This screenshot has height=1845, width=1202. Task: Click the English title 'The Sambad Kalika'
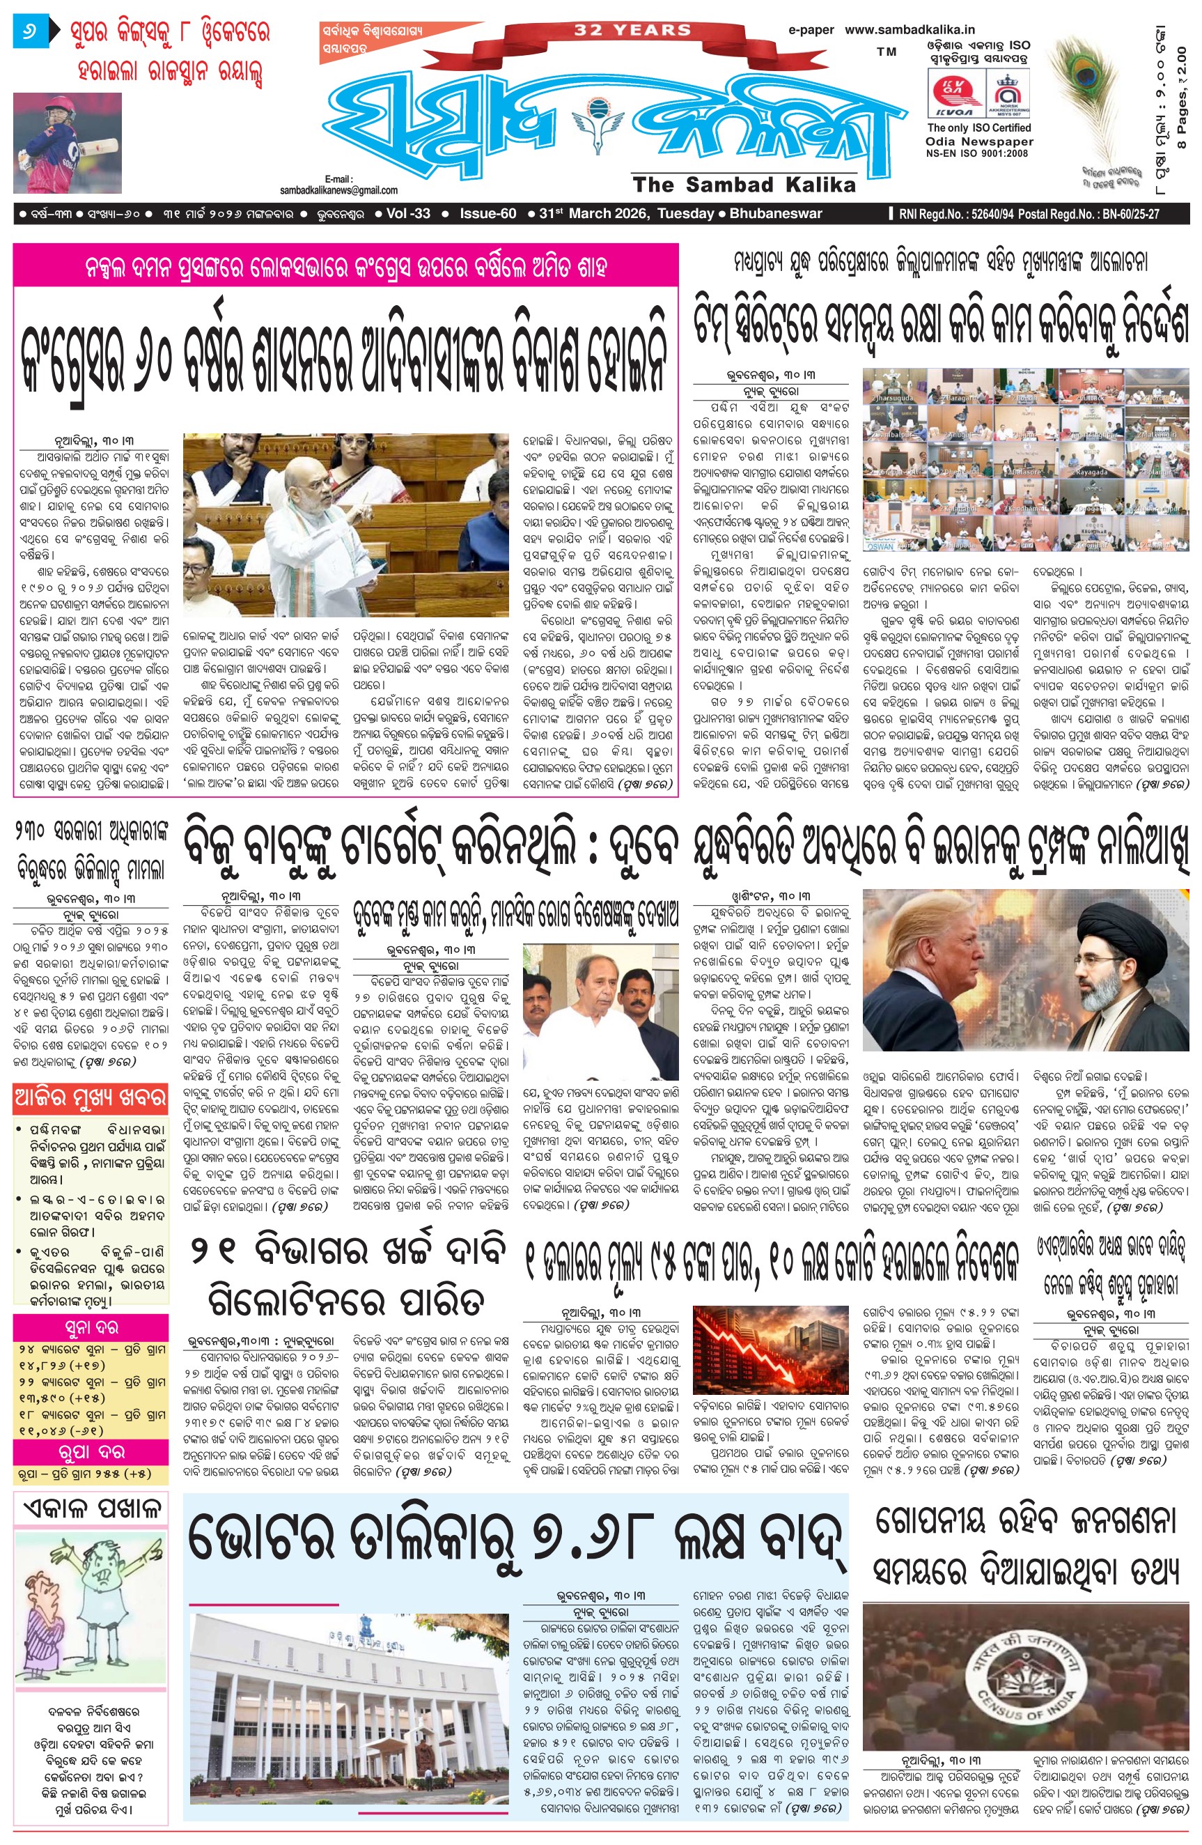tap(744, 185)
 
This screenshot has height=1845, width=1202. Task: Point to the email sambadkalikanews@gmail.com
tap(338, 190)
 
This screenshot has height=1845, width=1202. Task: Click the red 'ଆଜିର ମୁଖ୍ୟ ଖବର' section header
tap(90, 1097)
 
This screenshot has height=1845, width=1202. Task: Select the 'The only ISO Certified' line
tap(979, 128)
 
